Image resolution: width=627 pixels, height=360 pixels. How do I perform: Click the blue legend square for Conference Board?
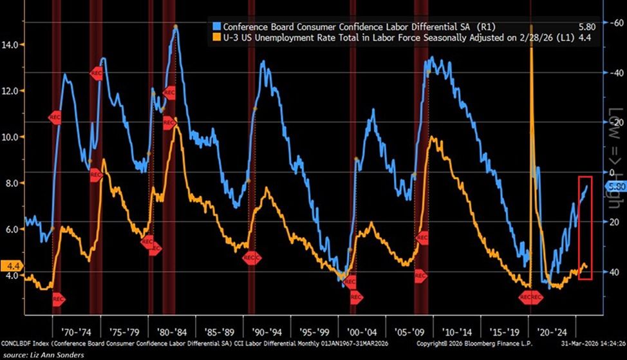[x=217, y=26]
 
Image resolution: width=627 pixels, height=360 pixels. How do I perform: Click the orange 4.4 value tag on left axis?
[x=12, y=265]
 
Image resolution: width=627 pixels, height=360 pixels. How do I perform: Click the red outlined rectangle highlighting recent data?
[x=585, y=227]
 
